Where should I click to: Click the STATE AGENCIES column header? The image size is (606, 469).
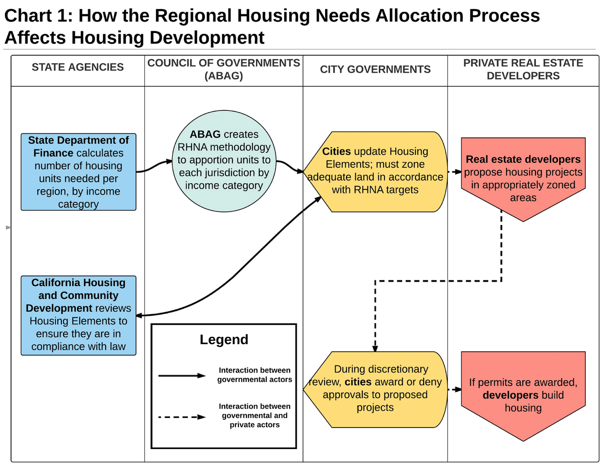(77, 67)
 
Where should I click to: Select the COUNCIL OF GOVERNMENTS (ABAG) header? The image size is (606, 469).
(224, 69)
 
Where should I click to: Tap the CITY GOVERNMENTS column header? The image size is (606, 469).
(375, 69)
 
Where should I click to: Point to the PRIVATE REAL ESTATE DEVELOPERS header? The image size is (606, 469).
(523, 69)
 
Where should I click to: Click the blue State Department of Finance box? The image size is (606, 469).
(78, 172)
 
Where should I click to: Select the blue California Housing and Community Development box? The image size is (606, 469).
(78, 316)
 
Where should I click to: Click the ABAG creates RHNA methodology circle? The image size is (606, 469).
(224, 161)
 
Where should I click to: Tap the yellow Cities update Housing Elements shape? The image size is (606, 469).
(375, 171)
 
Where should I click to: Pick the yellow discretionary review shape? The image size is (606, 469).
(375, 389)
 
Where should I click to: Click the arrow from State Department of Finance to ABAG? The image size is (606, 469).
(154, 166)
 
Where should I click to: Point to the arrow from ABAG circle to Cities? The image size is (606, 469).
(290, 166)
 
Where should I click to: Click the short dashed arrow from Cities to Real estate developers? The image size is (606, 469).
(455, 172)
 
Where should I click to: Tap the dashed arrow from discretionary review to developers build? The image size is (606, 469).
(455, 389)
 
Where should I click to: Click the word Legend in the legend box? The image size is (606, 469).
(224, 340)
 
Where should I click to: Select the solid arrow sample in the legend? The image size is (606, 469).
(182, 375)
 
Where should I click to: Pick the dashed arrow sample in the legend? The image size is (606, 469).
(182, 417)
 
